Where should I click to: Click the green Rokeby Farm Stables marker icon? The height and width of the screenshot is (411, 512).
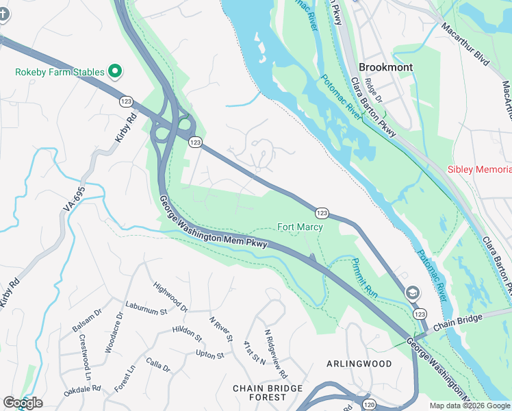(116, 71)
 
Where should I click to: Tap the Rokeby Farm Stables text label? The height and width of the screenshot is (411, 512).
(60, 72)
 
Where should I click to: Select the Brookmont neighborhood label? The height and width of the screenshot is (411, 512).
(385, 67)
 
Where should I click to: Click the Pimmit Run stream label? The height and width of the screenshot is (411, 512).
(364, 277)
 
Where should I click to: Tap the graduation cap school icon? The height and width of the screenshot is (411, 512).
(412, 292)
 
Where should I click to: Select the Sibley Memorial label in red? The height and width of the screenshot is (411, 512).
(479, 169)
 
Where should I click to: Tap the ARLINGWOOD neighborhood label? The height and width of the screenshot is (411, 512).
(359, 363)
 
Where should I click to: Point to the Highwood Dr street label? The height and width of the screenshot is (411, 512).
(170, 295)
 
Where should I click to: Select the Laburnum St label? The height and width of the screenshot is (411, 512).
(146, 308)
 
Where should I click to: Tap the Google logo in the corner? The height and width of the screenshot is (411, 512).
(23, 403)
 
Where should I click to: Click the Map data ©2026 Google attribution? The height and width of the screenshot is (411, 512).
(469, 406)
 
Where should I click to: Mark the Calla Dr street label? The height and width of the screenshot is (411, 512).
(157, 366)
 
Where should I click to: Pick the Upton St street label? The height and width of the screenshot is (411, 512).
(210, 355)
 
